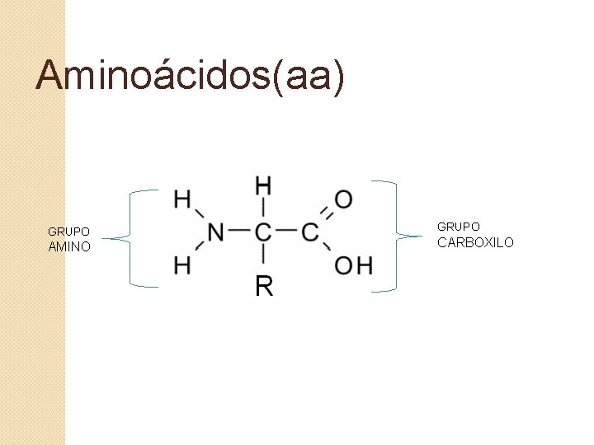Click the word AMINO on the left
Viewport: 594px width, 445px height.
point(69,246)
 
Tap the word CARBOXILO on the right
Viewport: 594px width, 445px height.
point(475,242)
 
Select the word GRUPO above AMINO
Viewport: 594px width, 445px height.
point(69,232)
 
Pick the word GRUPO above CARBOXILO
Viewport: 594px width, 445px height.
point(458,226)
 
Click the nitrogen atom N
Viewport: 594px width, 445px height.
point(216,233)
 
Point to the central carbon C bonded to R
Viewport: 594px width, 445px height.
point(263,233)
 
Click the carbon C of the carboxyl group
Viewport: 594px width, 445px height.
point(309,233)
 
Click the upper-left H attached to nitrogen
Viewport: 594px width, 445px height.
point(182,199)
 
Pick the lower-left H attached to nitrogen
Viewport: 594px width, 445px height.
point(182,265)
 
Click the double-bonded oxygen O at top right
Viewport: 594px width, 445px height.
point(343,199)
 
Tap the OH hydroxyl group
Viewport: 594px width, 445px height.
point(354,265)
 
